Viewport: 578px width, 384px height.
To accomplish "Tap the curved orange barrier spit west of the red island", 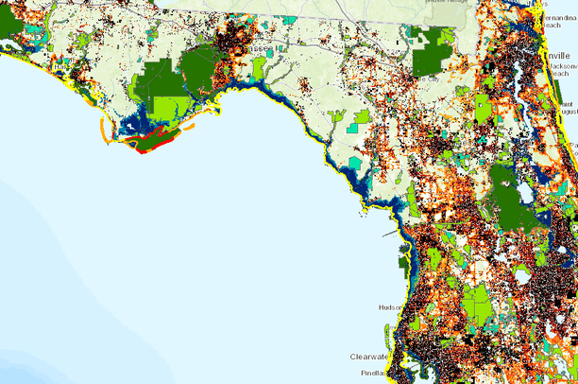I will (x=98, y=127).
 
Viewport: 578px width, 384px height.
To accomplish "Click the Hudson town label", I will (x=390, y=307).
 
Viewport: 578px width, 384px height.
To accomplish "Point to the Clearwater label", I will (x=368, y=357).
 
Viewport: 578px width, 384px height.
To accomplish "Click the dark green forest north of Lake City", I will (x=433, y=52).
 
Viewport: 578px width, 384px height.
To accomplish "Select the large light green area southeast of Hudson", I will (x=477, y=305).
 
